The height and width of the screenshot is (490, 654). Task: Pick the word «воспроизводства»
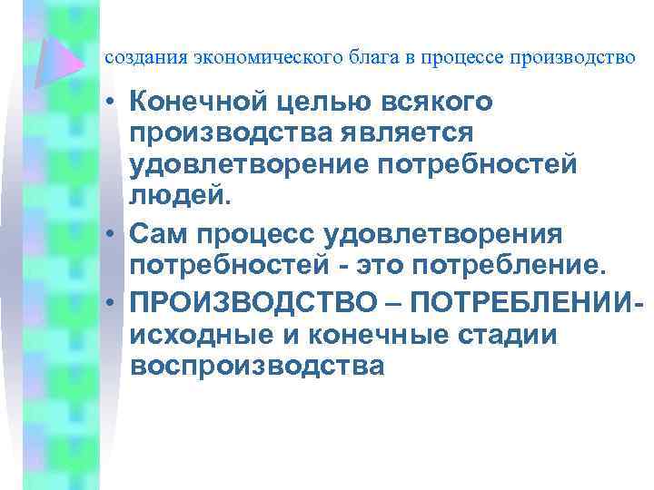point(257,366)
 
